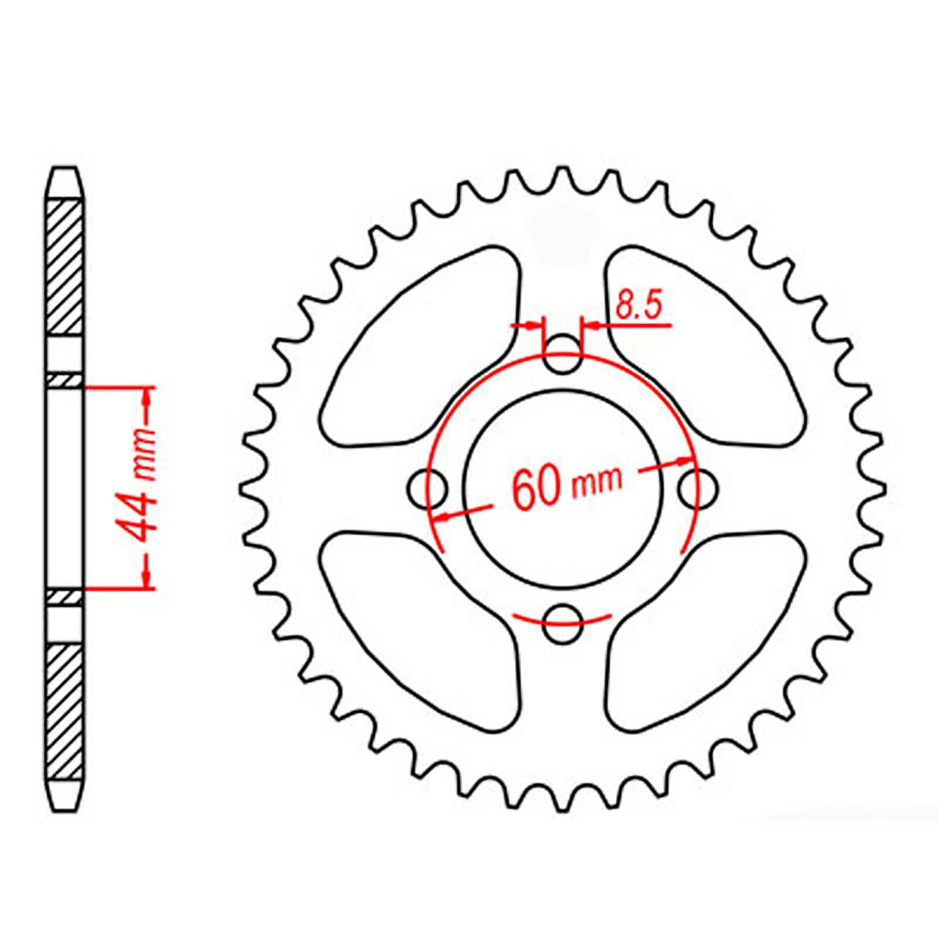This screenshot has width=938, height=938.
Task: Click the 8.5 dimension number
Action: click(x=639, y=306)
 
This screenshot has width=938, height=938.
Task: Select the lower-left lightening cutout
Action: click(x=422, y=621)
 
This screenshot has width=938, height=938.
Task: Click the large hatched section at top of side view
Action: click(x=64, y=267)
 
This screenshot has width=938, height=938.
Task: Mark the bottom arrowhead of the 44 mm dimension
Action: click(x=147, y=577)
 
